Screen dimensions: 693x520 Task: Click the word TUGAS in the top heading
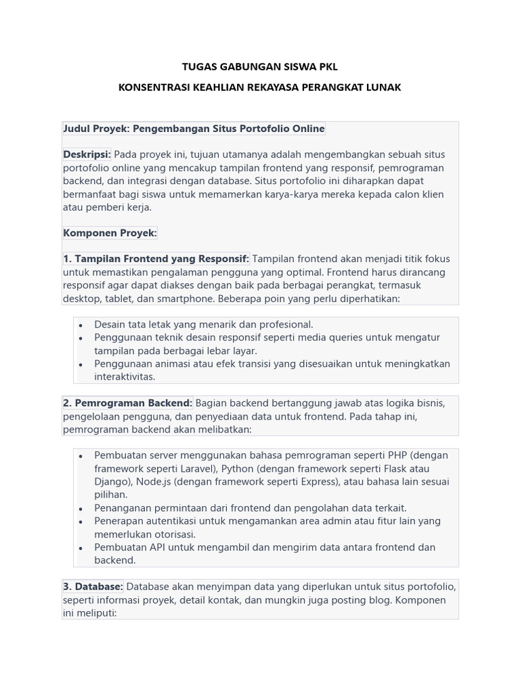[x=198, y=66]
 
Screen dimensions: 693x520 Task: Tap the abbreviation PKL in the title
[x=325, y=66]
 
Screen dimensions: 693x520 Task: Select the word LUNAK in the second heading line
[x=384, y=87]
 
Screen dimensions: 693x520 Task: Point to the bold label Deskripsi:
[x=87, y=155]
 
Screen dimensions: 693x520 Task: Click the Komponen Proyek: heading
[x=110, y=233]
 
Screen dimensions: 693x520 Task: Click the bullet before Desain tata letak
[x=81, y=326]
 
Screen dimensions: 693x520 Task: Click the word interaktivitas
[x=125, y=377]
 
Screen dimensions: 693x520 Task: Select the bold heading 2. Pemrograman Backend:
[x=127, y=403]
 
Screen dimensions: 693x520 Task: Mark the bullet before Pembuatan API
[x=81, y=547]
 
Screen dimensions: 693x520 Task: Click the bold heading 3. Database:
[x=93, y=587]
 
